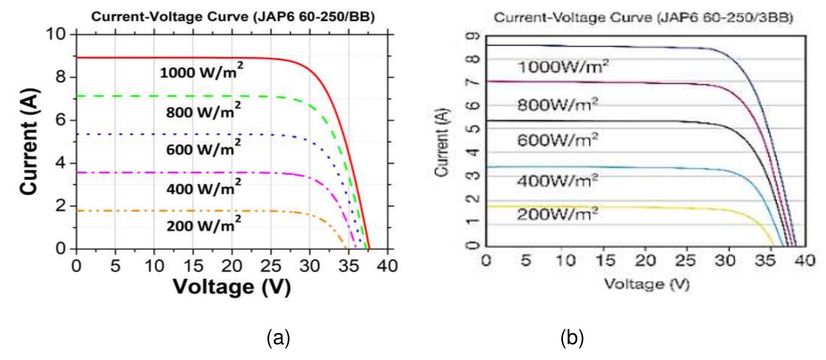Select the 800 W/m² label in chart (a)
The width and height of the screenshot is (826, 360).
pyautogui.click(x=203, y=111)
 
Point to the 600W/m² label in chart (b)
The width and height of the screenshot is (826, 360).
pyautogui.click(x=557, y=140)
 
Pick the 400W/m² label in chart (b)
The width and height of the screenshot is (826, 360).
pyautogui.click(x=557, y=180)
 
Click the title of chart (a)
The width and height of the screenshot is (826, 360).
pyautogui.click(x=233, y=17)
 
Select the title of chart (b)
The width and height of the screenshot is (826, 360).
pyautogui.click(x=643, y=18)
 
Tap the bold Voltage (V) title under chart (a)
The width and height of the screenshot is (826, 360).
pyautogui.click(x=232, y=287)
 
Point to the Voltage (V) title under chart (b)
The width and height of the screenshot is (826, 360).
pyautogui.click(x=646, y=284)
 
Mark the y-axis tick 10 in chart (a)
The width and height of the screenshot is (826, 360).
pyautogui.click(x=56, y=34)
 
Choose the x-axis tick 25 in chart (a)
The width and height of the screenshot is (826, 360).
pyautogui.click(x=271, y=266)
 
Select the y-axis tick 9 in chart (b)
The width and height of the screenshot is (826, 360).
pyautogui.click(x=475, y=36)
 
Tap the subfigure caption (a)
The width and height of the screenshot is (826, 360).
pyautogui.click(x=278, y=338)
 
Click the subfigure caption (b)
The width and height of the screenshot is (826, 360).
pyautogui.click(x=572, y=338)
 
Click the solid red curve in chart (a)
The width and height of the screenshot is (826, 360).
pyautogui.click(x=199, y=58)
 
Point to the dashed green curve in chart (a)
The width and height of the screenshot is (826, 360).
pyautogui.click(x=199, y=96)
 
